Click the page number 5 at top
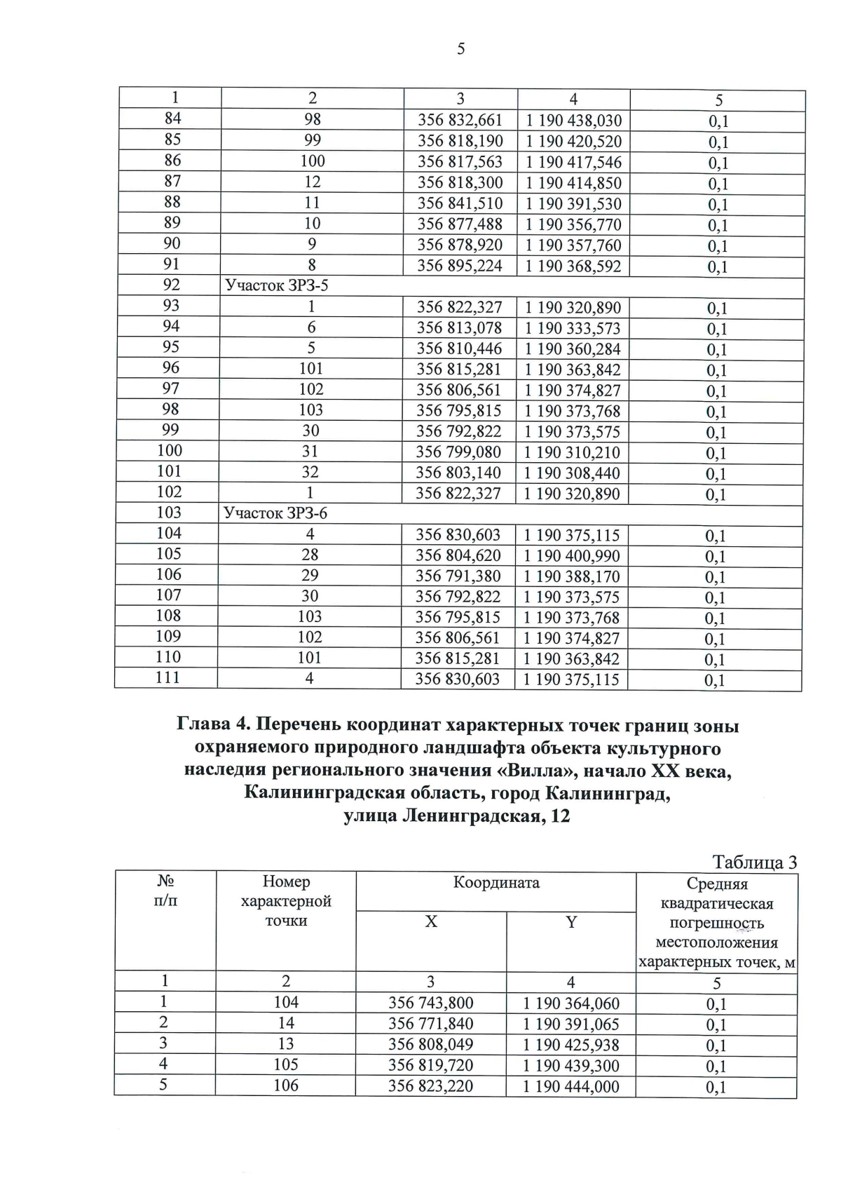460,49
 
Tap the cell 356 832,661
460,121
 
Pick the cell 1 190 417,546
573,162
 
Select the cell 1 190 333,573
572,327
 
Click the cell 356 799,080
459,452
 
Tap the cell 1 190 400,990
572,555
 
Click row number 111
168,677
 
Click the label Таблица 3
754,862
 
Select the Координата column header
496,883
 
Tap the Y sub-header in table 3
571,923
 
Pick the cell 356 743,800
430,1003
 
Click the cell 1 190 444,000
571,1086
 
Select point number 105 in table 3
285,1064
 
